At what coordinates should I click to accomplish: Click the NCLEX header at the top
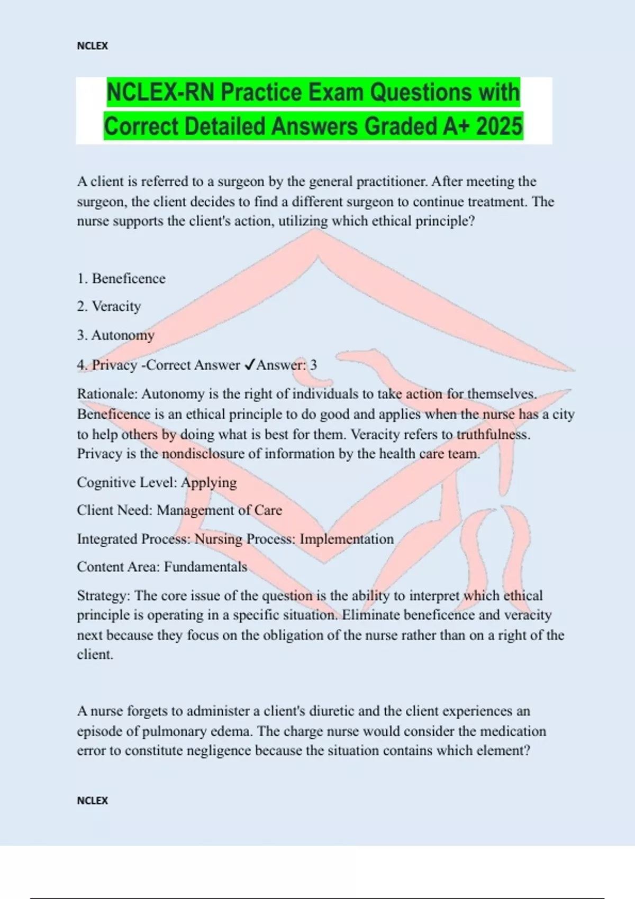coord(92,46)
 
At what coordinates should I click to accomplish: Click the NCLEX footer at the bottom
coord(92,801)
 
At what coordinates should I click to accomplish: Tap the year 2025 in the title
coord(499,126)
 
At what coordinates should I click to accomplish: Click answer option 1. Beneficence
coord(121,279)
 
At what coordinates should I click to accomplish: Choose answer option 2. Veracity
coord(109,306)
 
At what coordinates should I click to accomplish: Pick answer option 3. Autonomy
coord(116,335)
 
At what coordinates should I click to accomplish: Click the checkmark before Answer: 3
coord(250,365)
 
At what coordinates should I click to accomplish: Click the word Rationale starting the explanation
coord(106,394)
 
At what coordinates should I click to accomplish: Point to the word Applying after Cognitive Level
coord(209,482)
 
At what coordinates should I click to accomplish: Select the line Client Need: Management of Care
coord(179,510)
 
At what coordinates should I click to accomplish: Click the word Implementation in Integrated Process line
coord(347,539)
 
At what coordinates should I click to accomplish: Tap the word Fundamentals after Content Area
coord(205,567)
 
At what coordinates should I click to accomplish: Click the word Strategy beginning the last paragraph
coord(103,595)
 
